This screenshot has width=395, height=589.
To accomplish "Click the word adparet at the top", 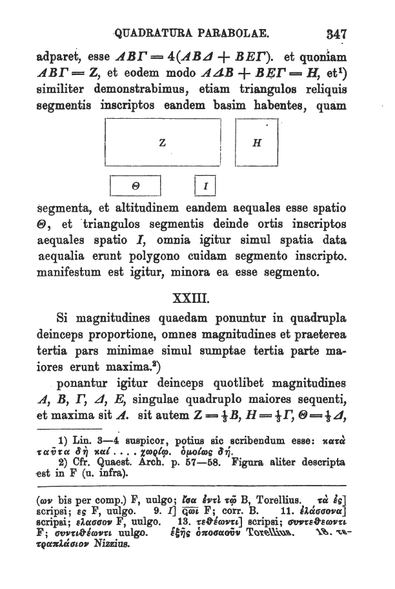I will coord(62,54).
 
